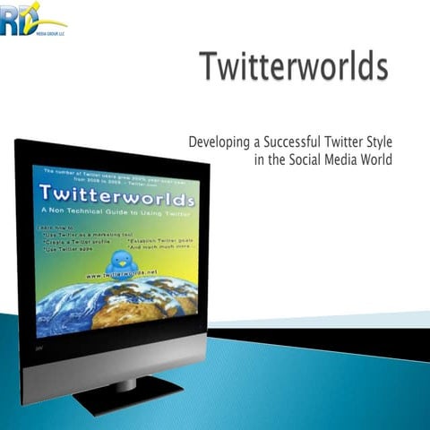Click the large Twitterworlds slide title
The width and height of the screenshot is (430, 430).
pos(294,68)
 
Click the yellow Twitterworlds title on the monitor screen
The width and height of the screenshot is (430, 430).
pos(116,195)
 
